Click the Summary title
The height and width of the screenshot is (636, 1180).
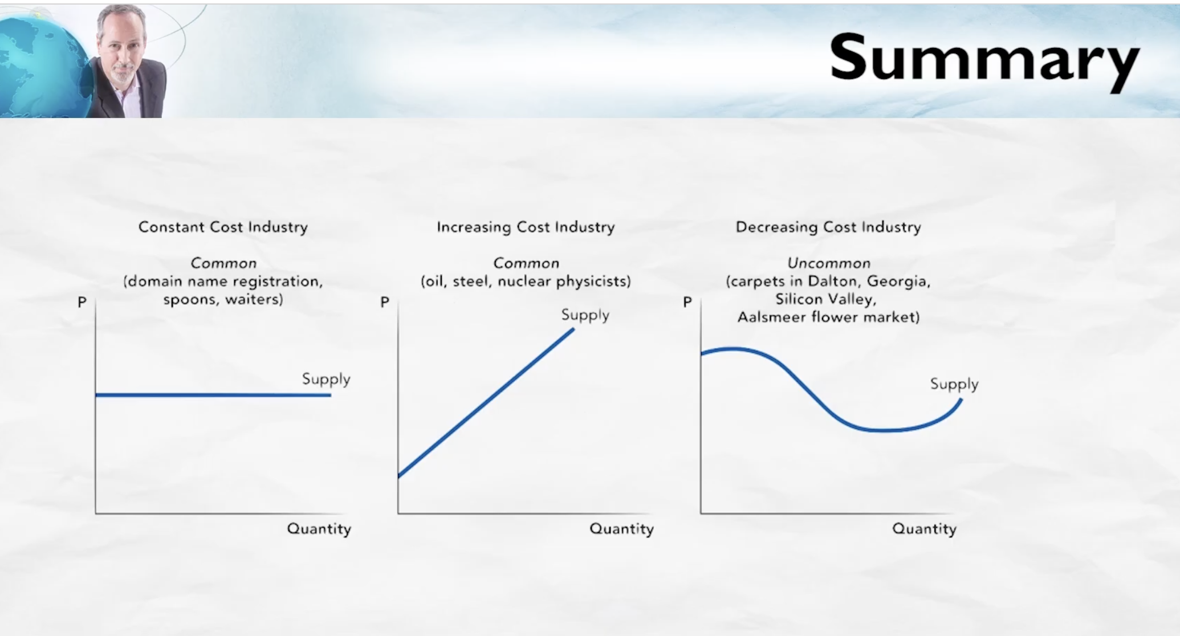tap(984, 59)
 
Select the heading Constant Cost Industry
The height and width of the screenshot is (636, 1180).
tap(223, 227)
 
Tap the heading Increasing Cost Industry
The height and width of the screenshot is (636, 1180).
tap(526, 227)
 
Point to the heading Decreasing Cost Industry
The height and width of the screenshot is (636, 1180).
tap(828, 227)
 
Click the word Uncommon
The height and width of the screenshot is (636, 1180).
tap(829, 263)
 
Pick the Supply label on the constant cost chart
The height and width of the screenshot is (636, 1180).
tap(326, 380)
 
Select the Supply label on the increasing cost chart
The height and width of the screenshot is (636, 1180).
tap(585, 315)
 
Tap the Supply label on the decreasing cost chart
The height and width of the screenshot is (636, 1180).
tap(954, 384)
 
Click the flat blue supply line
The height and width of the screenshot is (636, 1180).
tap(213, 394)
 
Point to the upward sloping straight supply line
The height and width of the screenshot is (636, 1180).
tap(486, 402)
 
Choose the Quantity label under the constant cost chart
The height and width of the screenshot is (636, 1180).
tap(319, 529)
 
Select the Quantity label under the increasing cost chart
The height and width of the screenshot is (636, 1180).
tap(622, 529)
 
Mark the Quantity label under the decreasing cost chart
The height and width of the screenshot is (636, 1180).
tap(925, 529)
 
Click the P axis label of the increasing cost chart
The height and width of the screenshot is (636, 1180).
tap(385, 302)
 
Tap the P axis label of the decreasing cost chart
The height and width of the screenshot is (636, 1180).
tap(687, 302)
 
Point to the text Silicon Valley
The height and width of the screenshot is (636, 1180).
tap(825, 299)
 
